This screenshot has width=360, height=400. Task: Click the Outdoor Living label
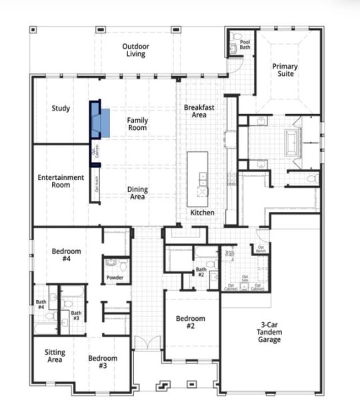pos(136,50)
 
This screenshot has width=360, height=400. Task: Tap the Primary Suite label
pos(285,71)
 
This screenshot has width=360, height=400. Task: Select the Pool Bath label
pos(245,45)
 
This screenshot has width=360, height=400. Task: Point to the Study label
pos(61,108)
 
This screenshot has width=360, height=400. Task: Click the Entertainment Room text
pos(61,181)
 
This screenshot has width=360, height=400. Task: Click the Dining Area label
pos(137,193)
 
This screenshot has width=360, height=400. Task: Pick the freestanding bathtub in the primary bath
pos(294,143)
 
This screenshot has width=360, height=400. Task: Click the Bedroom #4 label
pos(67,255)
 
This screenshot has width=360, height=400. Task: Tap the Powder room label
pos(115,279)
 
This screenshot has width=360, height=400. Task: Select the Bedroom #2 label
pos(190,323)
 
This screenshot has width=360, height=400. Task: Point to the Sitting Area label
pos(55,356)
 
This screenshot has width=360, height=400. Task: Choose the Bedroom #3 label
pos(103,362)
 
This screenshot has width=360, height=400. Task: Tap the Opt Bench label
pos(260,249)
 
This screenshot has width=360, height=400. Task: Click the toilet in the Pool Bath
pos(237,38)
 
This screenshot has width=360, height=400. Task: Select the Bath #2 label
pos(200,271)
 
